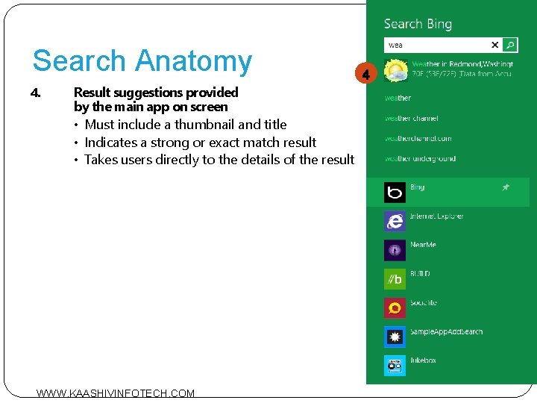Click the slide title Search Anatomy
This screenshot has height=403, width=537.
click(x=142, y=61)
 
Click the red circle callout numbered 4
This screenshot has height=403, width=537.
click(x=365, y=74)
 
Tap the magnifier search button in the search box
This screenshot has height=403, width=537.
click(x=510, y=45)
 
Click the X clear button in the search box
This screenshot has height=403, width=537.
click(x=494, y=45)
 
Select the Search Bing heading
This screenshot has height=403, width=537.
click(x=418, y=24)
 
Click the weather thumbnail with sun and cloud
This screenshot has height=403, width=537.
click(x=395, y=71)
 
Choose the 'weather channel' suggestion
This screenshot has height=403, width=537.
click(x=411, y=118)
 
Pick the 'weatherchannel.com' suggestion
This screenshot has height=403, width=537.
click(x=418, y=138)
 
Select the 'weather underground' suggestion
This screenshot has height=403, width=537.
click(x=420, y=158)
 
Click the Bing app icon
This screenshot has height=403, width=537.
click(x=395, y=193)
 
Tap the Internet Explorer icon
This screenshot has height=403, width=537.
click(x=395, y=222)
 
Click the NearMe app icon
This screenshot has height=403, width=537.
click(x=395, y=250)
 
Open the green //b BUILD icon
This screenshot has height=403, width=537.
click(x=395, y=279)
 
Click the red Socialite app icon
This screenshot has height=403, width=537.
click(x=395, y=308)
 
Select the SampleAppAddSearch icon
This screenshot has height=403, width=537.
click(x=395, y=337)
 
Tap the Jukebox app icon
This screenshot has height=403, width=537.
click(x=395, y=366)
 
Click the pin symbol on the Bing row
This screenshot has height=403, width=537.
click(x=505, y=187)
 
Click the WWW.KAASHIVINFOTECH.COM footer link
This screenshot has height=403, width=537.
click(x=116, y=393)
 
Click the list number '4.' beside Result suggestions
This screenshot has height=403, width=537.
click(x=35, y=93)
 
